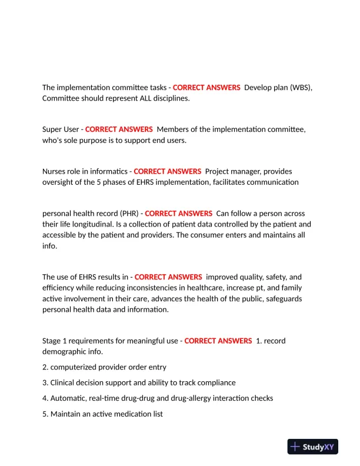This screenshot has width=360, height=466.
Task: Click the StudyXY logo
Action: (314, 447)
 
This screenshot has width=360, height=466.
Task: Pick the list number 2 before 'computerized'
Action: (45, 367)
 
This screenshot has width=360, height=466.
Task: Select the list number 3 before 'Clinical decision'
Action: (45, 382)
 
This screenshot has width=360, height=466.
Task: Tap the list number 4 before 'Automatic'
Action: (45, 398)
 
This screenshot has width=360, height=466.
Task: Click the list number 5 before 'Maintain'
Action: (45, 414)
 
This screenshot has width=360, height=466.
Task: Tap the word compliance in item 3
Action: (216, 382)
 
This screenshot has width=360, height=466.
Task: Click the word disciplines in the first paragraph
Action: (168, 98)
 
